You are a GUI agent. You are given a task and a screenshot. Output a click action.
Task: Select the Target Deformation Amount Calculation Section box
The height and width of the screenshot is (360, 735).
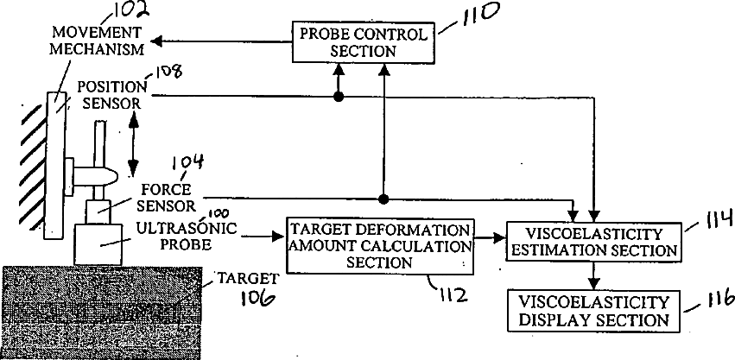tap(381, 246)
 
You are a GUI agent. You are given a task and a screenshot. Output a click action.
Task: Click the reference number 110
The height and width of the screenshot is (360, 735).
tap(462, 15)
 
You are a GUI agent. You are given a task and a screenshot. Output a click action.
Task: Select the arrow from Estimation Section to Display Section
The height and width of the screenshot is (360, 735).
tap(592, 276)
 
